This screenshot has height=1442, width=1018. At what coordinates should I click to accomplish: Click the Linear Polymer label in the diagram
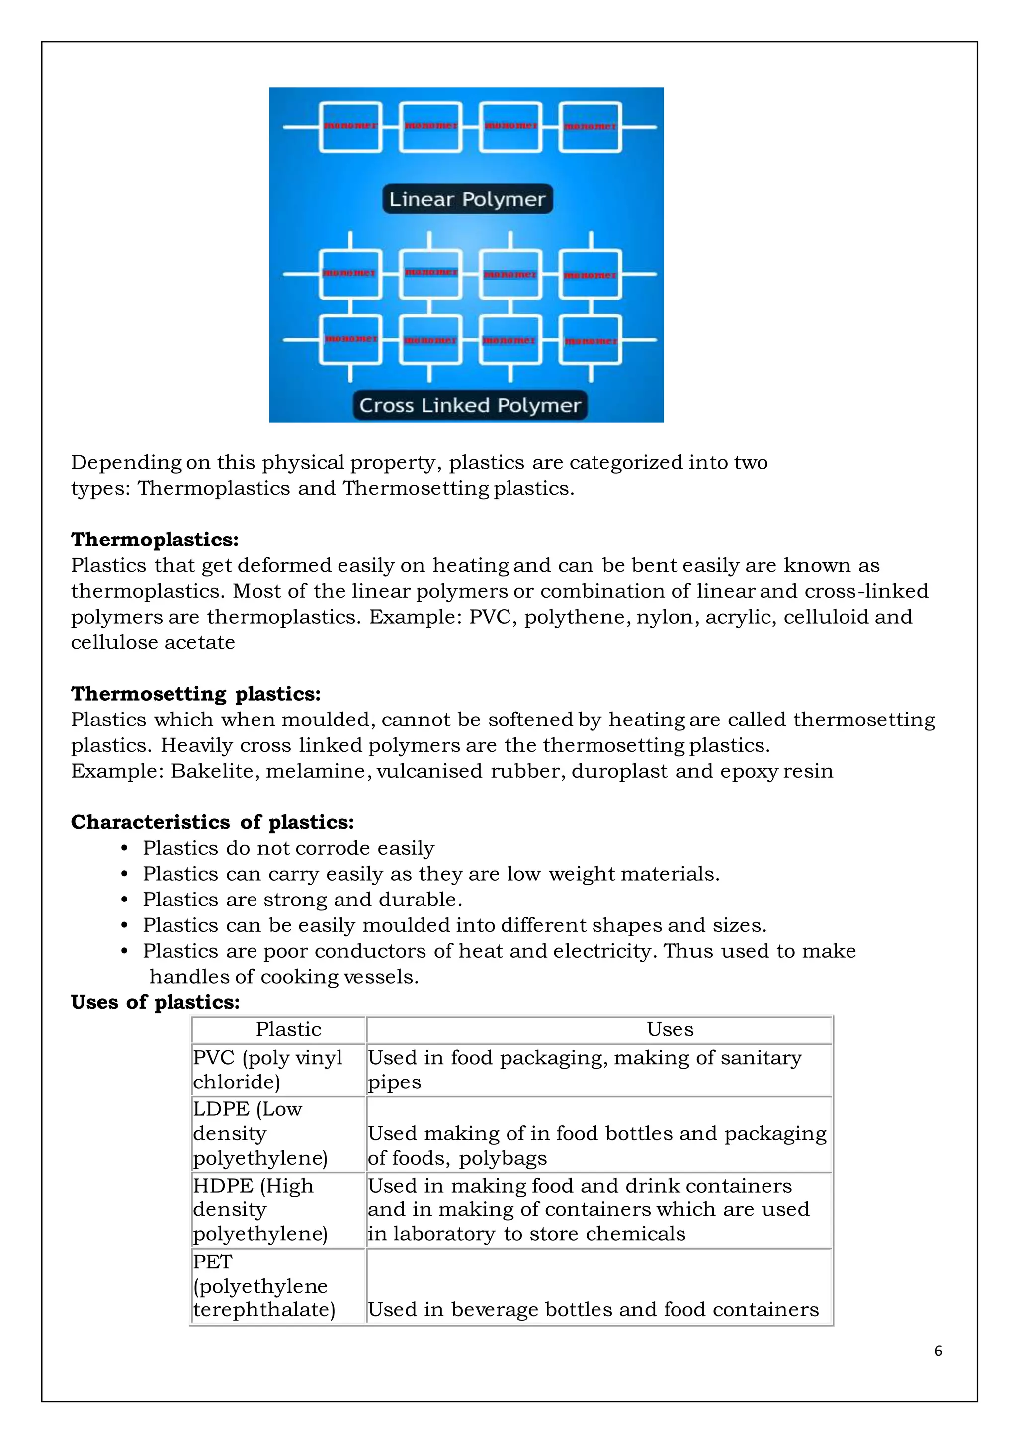click(467, 199)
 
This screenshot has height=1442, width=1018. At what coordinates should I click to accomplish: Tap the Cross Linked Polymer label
click(469, 405)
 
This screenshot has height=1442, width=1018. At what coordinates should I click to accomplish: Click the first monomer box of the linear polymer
click(350, 127)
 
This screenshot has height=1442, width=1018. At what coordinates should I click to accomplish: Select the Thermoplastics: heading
click(155, 540)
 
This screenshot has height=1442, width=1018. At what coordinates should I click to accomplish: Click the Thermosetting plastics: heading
click(195, 693)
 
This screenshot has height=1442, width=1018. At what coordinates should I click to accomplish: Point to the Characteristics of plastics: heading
click(212, 822)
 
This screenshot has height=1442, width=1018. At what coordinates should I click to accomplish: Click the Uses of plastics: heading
click(155, 1002)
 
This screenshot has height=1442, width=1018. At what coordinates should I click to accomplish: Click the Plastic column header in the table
click(288, 1029)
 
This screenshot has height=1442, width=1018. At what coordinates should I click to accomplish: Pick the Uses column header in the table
click(670, 1029)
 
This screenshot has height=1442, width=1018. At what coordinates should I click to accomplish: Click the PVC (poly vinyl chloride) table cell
click(267, 1070)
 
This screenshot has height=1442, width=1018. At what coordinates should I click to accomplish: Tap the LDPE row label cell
click(260, 1134)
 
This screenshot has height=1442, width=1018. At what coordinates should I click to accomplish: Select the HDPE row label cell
click(260, 1210)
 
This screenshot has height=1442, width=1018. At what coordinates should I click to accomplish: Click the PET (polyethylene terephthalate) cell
click(264, 1285)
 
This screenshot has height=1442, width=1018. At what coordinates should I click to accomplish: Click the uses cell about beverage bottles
click(593, 1309)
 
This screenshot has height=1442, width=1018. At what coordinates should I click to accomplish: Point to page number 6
click(938, 1351)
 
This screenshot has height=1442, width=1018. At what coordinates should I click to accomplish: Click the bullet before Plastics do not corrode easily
click(124, 848)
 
